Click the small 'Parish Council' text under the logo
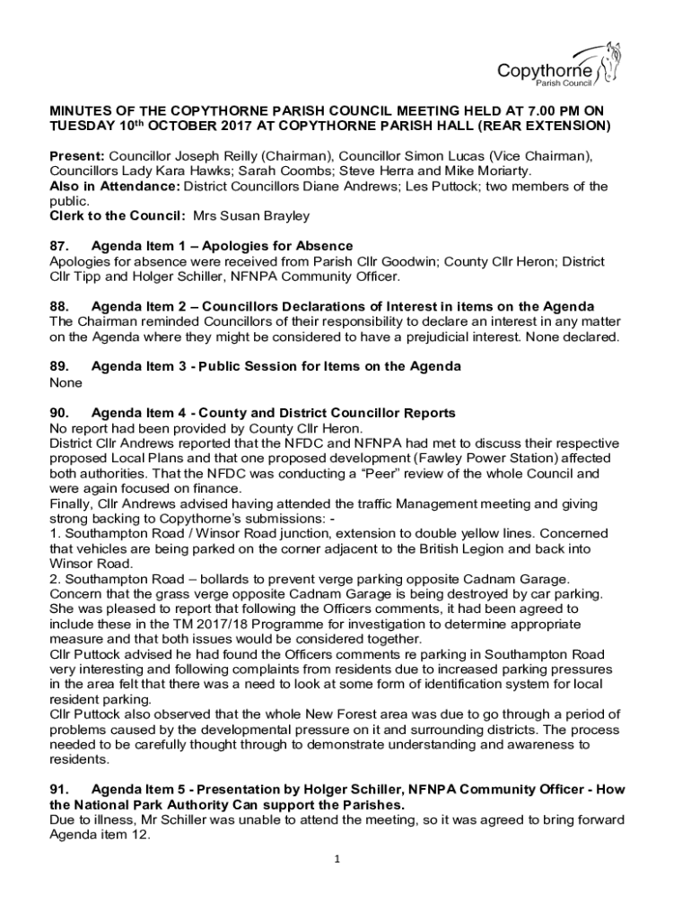pyautogui.click(x=564, y=83)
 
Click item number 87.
pyautogui.click(x=60, y=246)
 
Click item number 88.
pyautogui.click(x=60, y=307)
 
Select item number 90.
pyautogui.click(x=60, y=413)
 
